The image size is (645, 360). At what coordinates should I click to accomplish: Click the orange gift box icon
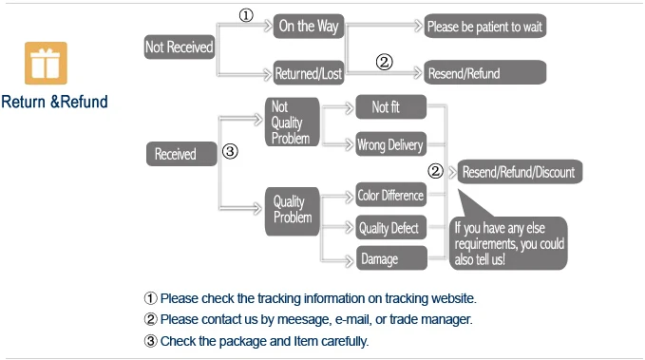click(46, 63)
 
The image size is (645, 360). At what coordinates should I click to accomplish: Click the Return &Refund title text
click(54, 102)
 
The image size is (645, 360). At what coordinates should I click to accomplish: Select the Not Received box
click(180, 47)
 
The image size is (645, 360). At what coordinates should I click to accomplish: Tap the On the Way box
click(309, 27)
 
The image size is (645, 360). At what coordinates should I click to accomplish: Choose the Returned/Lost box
click(309, 73)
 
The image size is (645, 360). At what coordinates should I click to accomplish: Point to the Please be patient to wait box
click(485, 27)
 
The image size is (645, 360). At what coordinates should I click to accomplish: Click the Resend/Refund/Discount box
click(520, 172)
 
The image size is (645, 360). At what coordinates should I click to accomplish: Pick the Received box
click(181, 154)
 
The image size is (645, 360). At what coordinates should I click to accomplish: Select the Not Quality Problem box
click(292, 122)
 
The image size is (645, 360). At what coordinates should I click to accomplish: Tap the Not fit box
click(390, 107)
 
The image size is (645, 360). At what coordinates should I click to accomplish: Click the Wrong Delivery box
click(390, 144)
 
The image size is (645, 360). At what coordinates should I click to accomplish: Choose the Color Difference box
click(390, 195)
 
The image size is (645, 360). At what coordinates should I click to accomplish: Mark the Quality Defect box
click(390, 227)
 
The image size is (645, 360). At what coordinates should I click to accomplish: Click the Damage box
click(391, 258)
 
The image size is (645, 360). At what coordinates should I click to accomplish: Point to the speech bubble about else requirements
click(508, 243)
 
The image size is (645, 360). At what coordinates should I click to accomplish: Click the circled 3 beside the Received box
click(230, 151)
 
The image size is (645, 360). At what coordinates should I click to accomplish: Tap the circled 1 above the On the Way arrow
click(246, 15)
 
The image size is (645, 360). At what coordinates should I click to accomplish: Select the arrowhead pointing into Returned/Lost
click(268, 74)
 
